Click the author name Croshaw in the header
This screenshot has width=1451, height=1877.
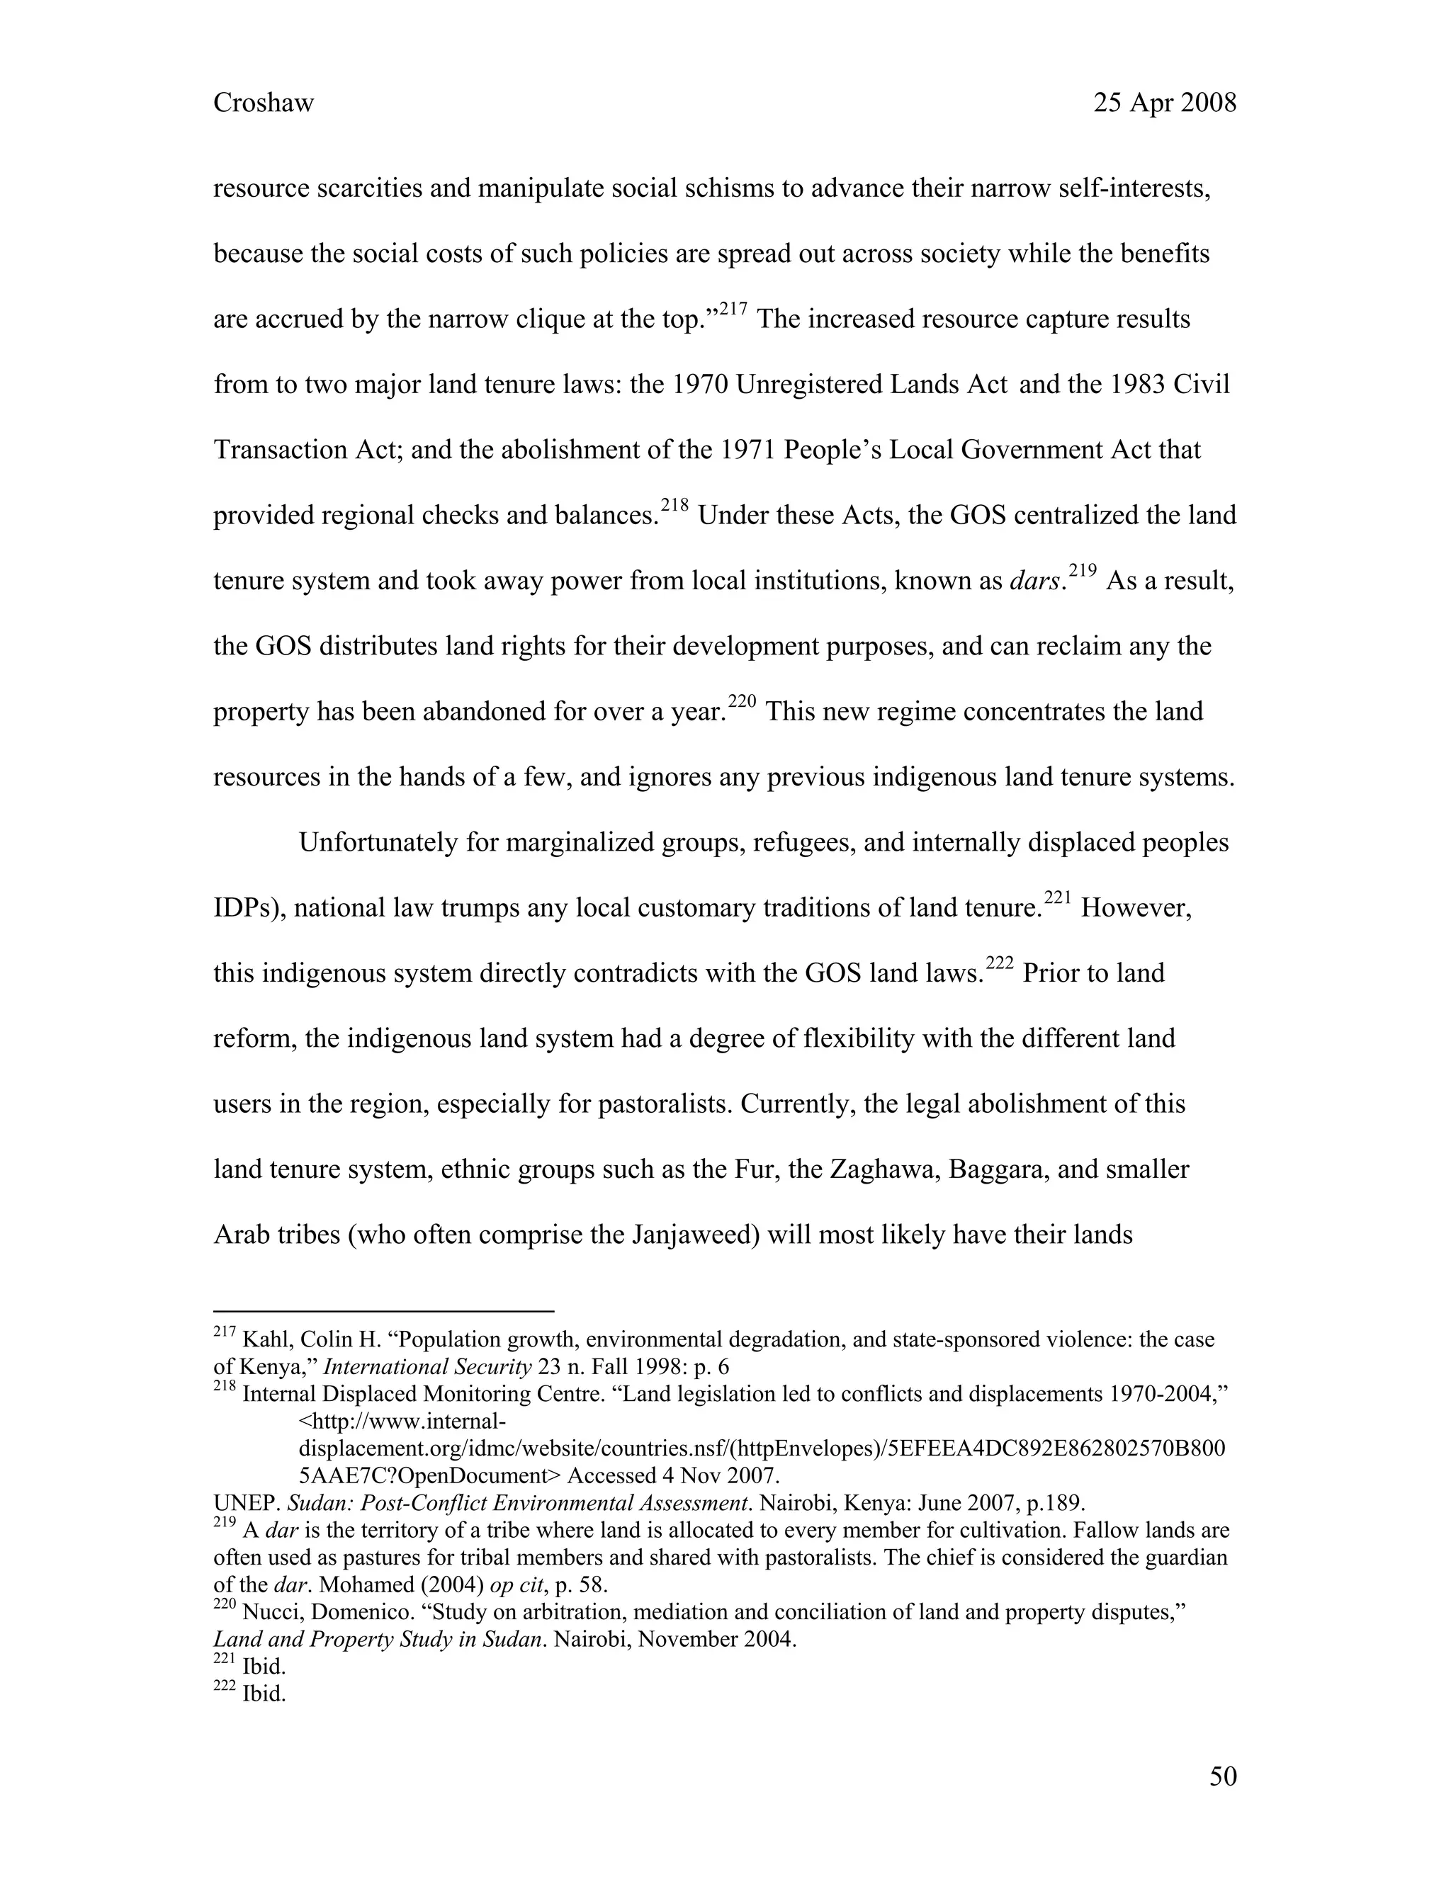[263, 103]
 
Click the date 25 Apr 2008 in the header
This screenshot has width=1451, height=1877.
[1164, 103]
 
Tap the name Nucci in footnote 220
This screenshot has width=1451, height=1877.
[271, 1612]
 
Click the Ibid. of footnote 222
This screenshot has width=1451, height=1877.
[263, 1694]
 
